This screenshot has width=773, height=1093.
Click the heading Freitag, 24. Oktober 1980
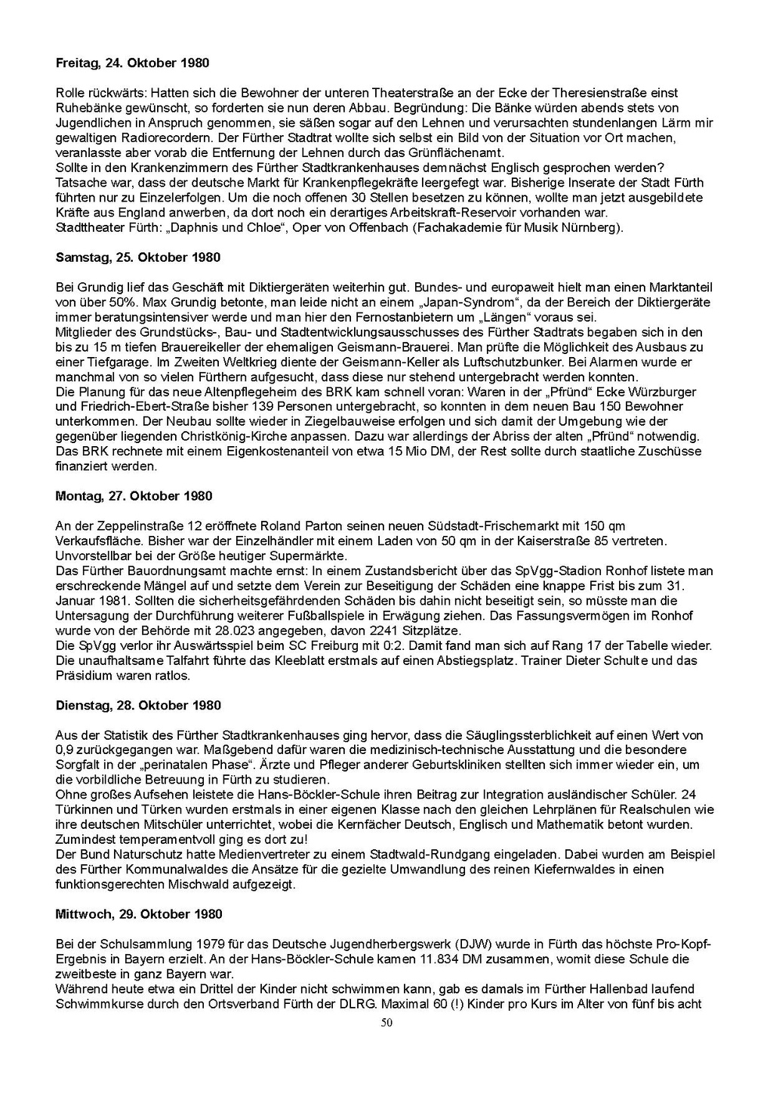tap(133, 63)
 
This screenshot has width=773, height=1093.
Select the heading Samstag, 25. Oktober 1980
tap(138, 257)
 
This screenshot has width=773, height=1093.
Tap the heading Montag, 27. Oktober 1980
tap(134, 496)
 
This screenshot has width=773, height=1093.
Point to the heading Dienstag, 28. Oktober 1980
tap(138, 705)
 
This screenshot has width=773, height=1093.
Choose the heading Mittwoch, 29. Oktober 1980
tap(139, 914)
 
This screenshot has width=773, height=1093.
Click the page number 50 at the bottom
tap(386, 1023)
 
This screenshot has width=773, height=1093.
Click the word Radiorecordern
tap(170, 137)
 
